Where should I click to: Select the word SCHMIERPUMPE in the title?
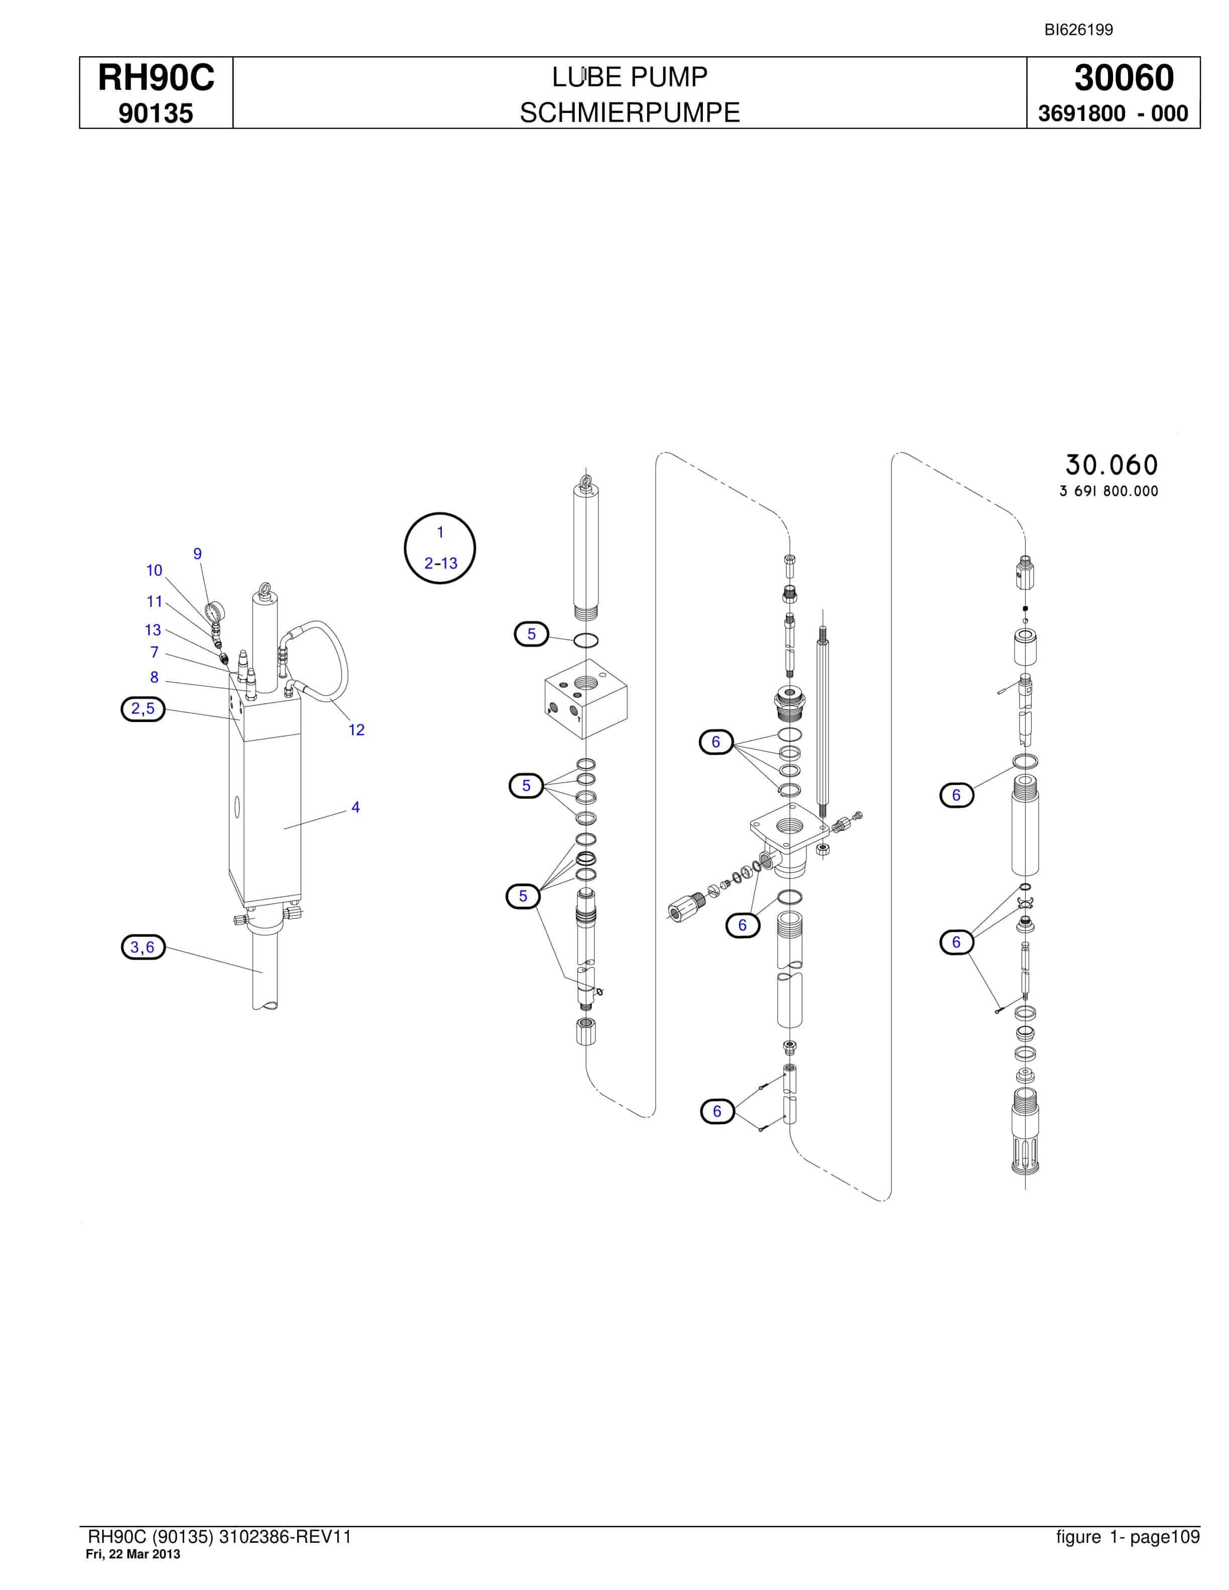(x=630, y=113)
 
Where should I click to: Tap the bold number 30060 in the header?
(x=1124, y=78)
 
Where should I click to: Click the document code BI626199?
(x=1078, y=30)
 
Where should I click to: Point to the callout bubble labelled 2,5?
(x=143, y=708)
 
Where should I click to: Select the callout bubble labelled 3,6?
(x=143, y=947)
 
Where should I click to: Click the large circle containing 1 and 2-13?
(x=440, y=548)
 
